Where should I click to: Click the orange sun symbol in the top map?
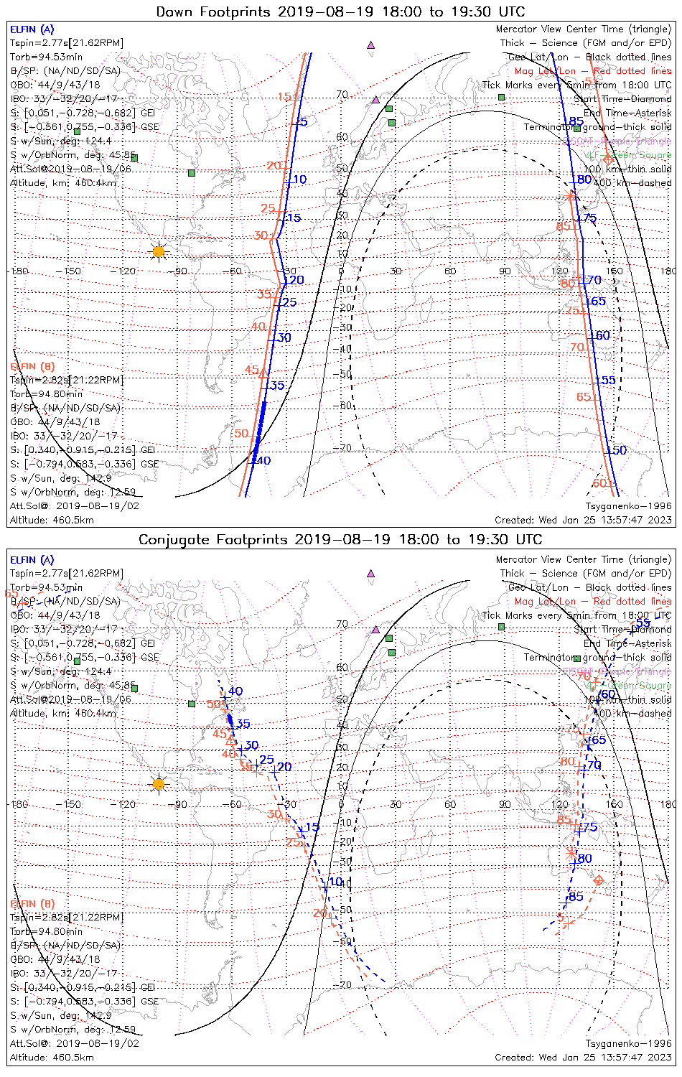point(159,251)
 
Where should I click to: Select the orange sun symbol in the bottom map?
point(159,783)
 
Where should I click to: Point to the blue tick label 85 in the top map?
point(576,121)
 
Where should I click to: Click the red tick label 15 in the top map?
point(284,97)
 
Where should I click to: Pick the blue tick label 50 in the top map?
point(618,450)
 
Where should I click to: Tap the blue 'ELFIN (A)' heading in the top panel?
point(32,29)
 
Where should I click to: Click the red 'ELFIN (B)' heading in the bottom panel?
point(32,903)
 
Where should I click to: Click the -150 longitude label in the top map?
point(71,271)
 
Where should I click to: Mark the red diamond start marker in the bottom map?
point(599,880)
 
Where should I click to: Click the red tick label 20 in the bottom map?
point(320,913)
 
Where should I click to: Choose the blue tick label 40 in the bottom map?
point(235,691)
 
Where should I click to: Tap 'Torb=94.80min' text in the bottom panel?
point(47,931)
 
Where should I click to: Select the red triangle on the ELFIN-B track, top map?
point(263,373)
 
